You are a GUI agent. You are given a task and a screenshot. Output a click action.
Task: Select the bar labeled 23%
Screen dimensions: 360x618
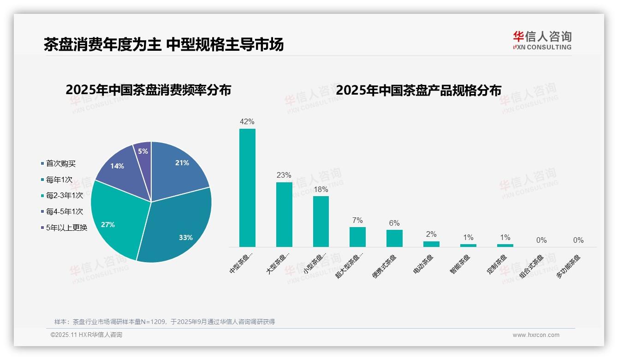[x=284, y=214]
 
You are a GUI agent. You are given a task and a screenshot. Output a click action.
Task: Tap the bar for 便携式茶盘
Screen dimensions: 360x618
[x=394, y=238]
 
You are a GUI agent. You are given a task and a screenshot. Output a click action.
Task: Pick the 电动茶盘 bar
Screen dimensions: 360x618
[x=431, y=244]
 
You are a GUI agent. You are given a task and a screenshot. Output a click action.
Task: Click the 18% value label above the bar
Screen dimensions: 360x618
[x=321, y=189]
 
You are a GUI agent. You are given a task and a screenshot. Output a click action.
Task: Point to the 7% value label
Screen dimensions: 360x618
[x=357, y=220]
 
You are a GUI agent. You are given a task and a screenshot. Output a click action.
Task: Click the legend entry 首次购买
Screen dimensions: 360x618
[x=60, y=163]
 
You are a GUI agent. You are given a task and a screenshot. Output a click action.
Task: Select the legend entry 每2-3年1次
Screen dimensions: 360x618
[x=64, y=195]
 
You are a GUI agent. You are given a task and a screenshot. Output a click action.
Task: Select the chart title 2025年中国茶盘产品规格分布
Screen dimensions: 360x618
[x=418, y=90]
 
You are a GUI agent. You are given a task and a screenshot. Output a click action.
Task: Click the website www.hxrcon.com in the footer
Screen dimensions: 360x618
[x=536, y=335]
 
